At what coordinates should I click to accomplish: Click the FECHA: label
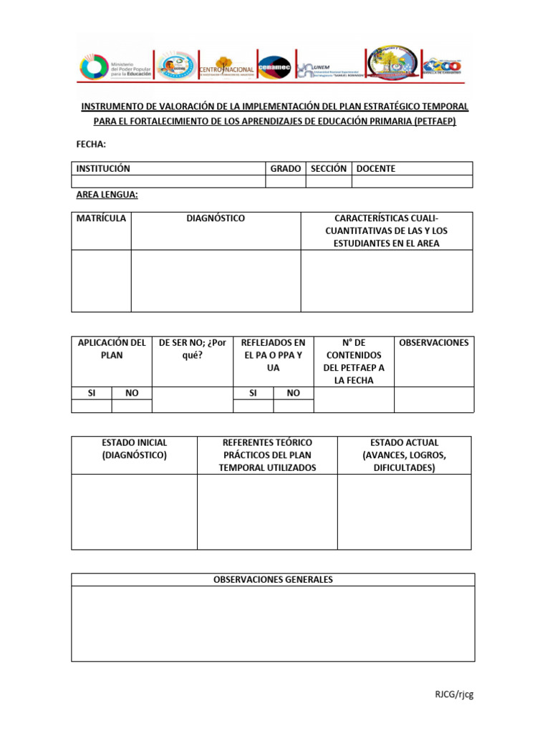[91, 145]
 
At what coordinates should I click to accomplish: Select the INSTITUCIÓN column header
[103, 169]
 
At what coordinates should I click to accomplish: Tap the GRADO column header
[285, 169]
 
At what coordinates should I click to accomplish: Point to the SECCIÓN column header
[328, 169]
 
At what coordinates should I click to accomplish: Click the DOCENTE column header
[375, 169]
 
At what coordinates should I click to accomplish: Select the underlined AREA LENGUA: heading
[107, 195]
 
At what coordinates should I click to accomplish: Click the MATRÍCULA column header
[101, 218]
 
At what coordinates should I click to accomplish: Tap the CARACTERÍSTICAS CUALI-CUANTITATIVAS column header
[386, 230]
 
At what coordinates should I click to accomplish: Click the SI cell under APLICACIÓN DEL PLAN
[91, 393]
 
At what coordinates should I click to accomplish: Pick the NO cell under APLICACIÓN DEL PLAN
[132, 393]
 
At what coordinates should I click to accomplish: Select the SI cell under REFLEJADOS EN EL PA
[253, 393]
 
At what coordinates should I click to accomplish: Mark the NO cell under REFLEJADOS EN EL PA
[294, 393]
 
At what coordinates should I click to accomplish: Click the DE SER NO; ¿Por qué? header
[192, 349]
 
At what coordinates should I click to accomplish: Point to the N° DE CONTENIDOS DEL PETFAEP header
[354, 361]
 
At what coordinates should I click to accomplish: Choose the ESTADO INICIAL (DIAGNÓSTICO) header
[134, 449]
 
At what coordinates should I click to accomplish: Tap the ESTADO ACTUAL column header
[404, 455]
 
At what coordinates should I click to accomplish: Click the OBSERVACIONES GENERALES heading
[273, 580]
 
